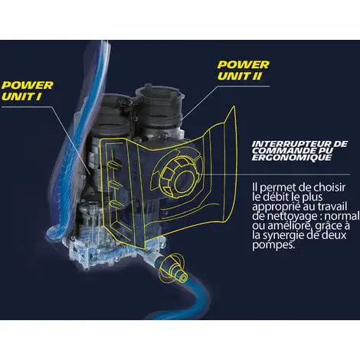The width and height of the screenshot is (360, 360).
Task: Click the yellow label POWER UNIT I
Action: [x=28, y=91]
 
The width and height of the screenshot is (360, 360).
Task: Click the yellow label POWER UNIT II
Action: [x=243, y=70]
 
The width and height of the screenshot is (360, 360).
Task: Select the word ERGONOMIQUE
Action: [x=292, y=158]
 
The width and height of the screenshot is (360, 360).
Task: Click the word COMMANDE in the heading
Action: [x=282, y=151]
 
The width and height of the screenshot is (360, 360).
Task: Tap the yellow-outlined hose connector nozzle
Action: [x=174, y=267]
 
